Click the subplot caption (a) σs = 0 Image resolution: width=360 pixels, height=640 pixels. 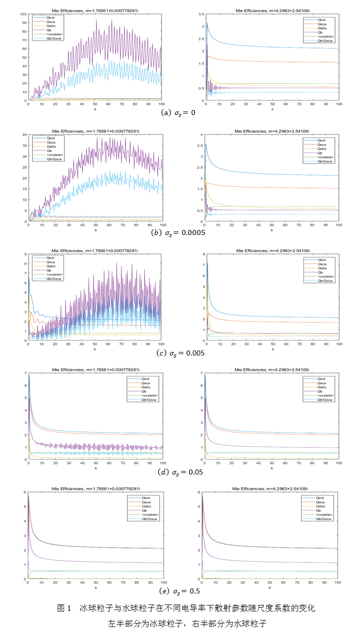point(180,113)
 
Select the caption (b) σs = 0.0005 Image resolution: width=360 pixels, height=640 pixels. point(180,232)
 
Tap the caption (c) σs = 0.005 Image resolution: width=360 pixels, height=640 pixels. point(180,353)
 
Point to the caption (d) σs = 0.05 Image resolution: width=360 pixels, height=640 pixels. point(180,472)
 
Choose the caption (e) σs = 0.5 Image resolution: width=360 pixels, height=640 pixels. point(180,591)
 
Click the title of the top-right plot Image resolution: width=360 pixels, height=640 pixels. point(272,10)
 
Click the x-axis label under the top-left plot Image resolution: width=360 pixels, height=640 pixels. point(95,108)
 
